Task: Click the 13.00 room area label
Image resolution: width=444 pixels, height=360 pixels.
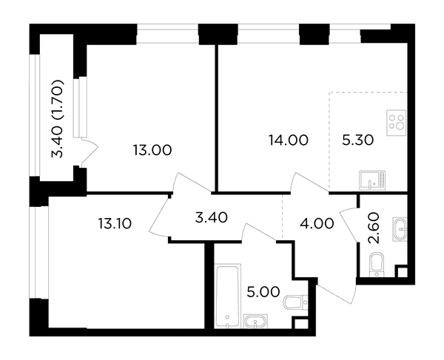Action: (152, 150)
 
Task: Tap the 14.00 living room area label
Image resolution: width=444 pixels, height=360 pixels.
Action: (289, 140)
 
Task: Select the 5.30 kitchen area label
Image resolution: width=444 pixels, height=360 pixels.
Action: (358, 140)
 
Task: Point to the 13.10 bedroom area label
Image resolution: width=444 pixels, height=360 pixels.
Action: (115, 224)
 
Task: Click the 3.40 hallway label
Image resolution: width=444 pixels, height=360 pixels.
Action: (212, 218)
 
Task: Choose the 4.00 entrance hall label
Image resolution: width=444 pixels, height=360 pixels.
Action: (317, 224)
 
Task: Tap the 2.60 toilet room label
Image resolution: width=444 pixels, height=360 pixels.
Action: (373, 228)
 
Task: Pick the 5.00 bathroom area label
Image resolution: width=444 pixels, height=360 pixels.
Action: (263, 292)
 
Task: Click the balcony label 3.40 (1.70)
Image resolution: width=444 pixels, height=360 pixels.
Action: (58, 119)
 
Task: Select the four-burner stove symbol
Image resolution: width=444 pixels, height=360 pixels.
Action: (397, 123)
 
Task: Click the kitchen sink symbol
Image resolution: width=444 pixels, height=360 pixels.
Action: (372, 180)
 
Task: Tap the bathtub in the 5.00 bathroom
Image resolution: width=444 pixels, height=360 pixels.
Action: (228, 296)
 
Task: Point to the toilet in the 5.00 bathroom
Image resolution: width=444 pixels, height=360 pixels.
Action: (296, 302)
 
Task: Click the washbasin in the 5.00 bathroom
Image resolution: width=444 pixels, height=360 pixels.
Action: (255, 322)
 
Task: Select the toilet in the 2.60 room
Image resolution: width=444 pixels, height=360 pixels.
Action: (377, 265)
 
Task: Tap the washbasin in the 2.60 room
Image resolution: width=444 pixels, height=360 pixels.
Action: (400, 229)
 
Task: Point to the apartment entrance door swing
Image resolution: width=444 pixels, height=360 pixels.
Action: (336, 291)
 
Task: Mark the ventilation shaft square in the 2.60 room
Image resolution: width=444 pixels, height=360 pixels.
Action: (402, 272)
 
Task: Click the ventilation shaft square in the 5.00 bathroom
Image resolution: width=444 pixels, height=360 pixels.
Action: (301, 324)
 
